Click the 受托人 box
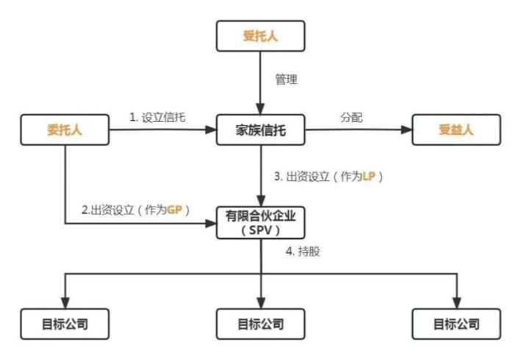[x=260, y=35]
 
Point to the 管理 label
[x=286, y=79]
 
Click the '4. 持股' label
[x=301, y=251]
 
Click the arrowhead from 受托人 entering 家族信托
[x=260, y=109]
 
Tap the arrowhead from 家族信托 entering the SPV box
[x=260, y=199]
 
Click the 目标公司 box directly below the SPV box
[x=260, y=323]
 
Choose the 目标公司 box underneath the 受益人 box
[x=456, y=323]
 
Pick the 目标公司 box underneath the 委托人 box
[x=65, y=323]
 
